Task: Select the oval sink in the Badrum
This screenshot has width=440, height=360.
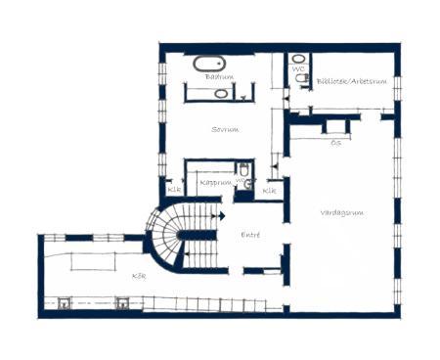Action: coord(222,94)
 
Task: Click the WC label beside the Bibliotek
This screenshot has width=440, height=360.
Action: coord(298,69)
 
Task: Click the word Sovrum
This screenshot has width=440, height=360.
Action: coord(225,128)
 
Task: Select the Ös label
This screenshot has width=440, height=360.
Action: coord(335,143)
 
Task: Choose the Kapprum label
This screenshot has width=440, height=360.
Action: coord(214,182)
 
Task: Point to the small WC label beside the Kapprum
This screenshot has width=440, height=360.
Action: coord(240,181)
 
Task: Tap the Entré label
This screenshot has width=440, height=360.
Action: coord(251,236)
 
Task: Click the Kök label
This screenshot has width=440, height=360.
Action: coord(138,275)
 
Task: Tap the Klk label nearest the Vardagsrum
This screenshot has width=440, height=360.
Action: coord(271,190)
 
